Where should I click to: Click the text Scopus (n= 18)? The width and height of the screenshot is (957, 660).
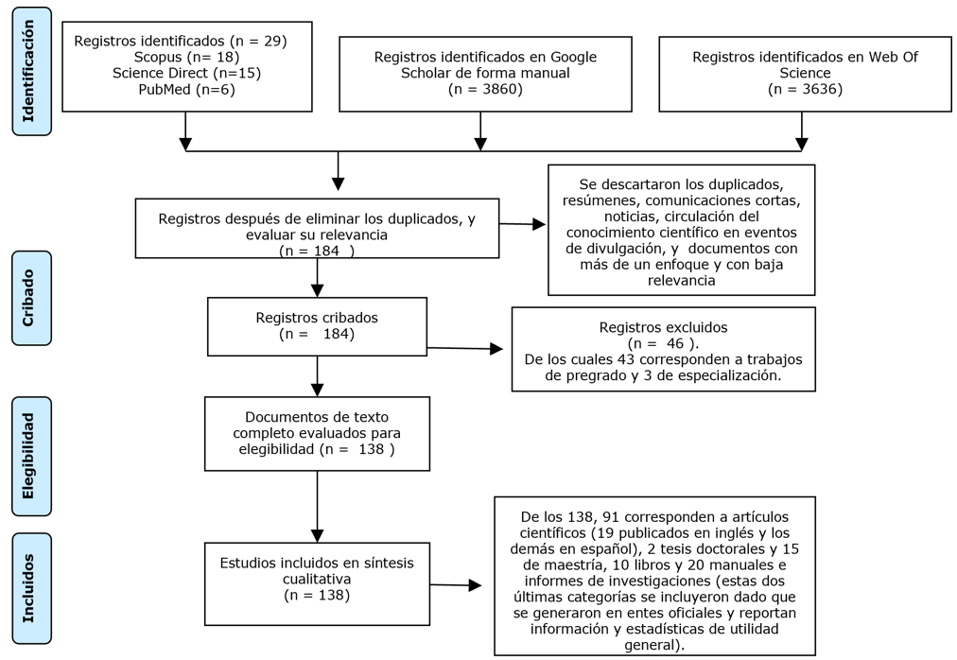tap(186, 57)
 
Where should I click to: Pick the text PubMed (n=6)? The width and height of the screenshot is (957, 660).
tap(186, 89)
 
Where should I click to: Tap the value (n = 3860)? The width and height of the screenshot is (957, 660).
tap(485, 89)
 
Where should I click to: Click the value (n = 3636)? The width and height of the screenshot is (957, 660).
tap(805, 89)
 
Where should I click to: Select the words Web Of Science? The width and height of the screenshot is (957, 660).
tap(805, 64)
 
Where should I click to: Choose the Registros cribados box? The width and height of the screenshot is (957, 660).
tap(317, 327)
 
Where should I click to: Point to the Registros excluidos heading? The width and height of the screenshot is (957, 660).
tap(663, 327)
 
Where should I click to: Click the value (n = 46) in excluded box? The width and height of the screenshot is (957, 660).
tap(663, 343)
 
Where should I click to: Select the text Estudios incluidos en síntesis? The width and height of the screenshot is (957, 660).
tap(317, 564)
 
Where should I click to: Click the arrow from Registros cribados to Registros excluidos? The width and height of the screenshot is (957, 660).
tap(464, 349)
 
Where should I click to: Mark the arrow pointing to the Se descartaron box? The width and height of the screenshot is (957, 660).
tap(523, 224)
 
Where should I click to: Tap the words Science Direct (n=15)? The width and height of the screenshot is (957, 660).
tap(186, 73)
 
